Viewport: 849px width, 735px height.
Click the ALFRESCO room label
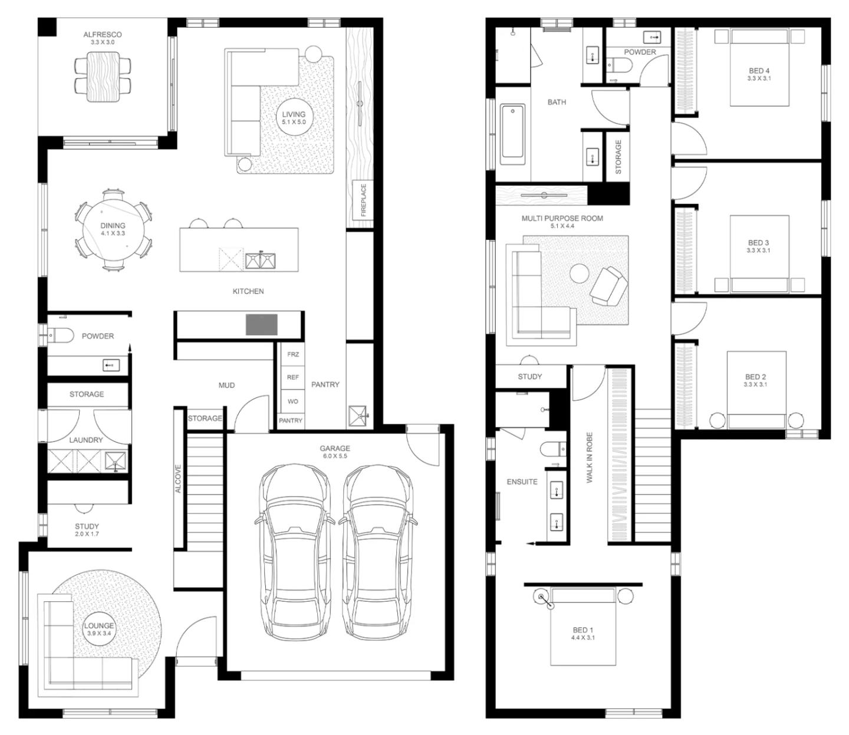pos(102,35)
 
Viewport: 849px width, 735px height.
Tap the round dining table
pos(113,229)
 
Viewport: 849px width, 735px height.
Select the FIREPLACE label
pos(363,200)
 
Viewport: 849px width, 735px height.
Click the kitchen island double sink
pos(260,261)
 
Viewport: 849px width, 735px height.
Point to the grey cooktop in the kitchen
pos(261,324)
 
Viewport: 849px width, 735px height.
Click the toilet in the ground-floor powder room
pos(60,335)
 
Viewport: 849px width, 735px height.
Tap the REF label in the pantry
pos(293,377)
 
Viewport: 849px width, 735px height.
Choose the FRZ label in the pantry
pos(293,354)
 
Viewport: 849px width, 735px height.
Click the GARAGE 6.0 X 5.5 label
pos(335,451)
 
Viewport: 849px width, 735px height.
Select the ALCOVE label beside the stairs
pos(178,479)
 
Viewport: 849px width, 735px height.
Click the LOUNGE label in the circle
pos(99,629)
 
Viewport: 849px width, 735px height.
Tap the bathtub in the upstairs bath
pos(512,134)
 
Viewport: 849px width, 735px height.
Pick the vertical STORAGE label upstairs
pos(618,157)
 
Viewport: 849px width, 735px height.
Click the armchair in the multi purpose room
pos(608,286)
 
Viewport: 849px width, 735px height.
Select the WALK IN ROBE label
pos(590,457)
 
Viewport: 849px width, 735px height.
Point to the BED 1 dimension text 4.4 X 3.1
pos(583,638)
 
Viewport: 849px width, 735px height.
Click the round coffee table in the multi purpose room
pos(579,273)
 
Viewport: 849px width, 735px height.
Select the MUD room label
pos(226,385)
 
